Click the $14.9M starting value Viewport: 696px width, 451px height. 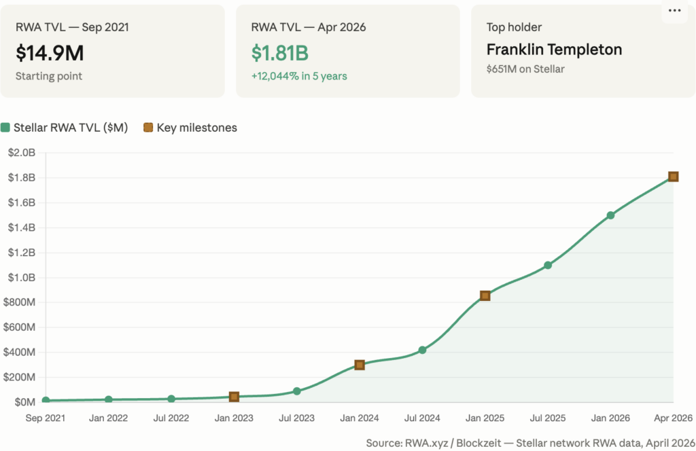coord(50,52)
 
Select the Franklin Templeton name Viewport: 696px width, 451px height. coord(554,50)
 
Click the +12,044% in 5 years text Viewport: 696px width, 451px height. coord(299,76)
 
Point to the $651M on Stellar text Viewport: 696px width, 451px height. coord(525,69)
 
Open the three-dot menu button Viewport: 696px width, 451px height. coord(674,11)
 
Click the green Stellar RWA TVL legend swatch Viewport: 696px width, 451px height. coord(6,128)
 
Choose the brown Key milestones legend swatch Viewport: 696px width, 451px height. coord(148,128)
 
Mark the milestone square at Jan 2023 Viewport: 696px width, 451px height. coord(234,397)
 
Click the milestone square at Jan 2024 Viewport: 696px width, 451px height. coord(360,365)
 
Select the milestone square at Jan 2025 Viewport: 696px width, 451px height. coord(485,295)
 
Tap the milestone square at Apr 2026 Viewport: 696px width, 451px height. coord(673,177)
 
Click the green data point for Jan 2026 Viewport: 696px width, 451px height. coord(610,215)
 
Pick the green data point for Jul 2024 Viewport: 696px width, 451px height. coord(422,350)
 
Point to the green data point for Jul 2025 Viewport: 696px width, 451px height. coord(548,265)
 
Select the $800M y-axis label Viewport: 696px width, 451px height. coord(20,302)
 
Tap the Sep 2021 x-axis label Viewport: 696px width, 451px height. coord(45,418)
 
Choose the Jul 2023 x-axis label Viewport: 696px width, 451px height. coord(296,418)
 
